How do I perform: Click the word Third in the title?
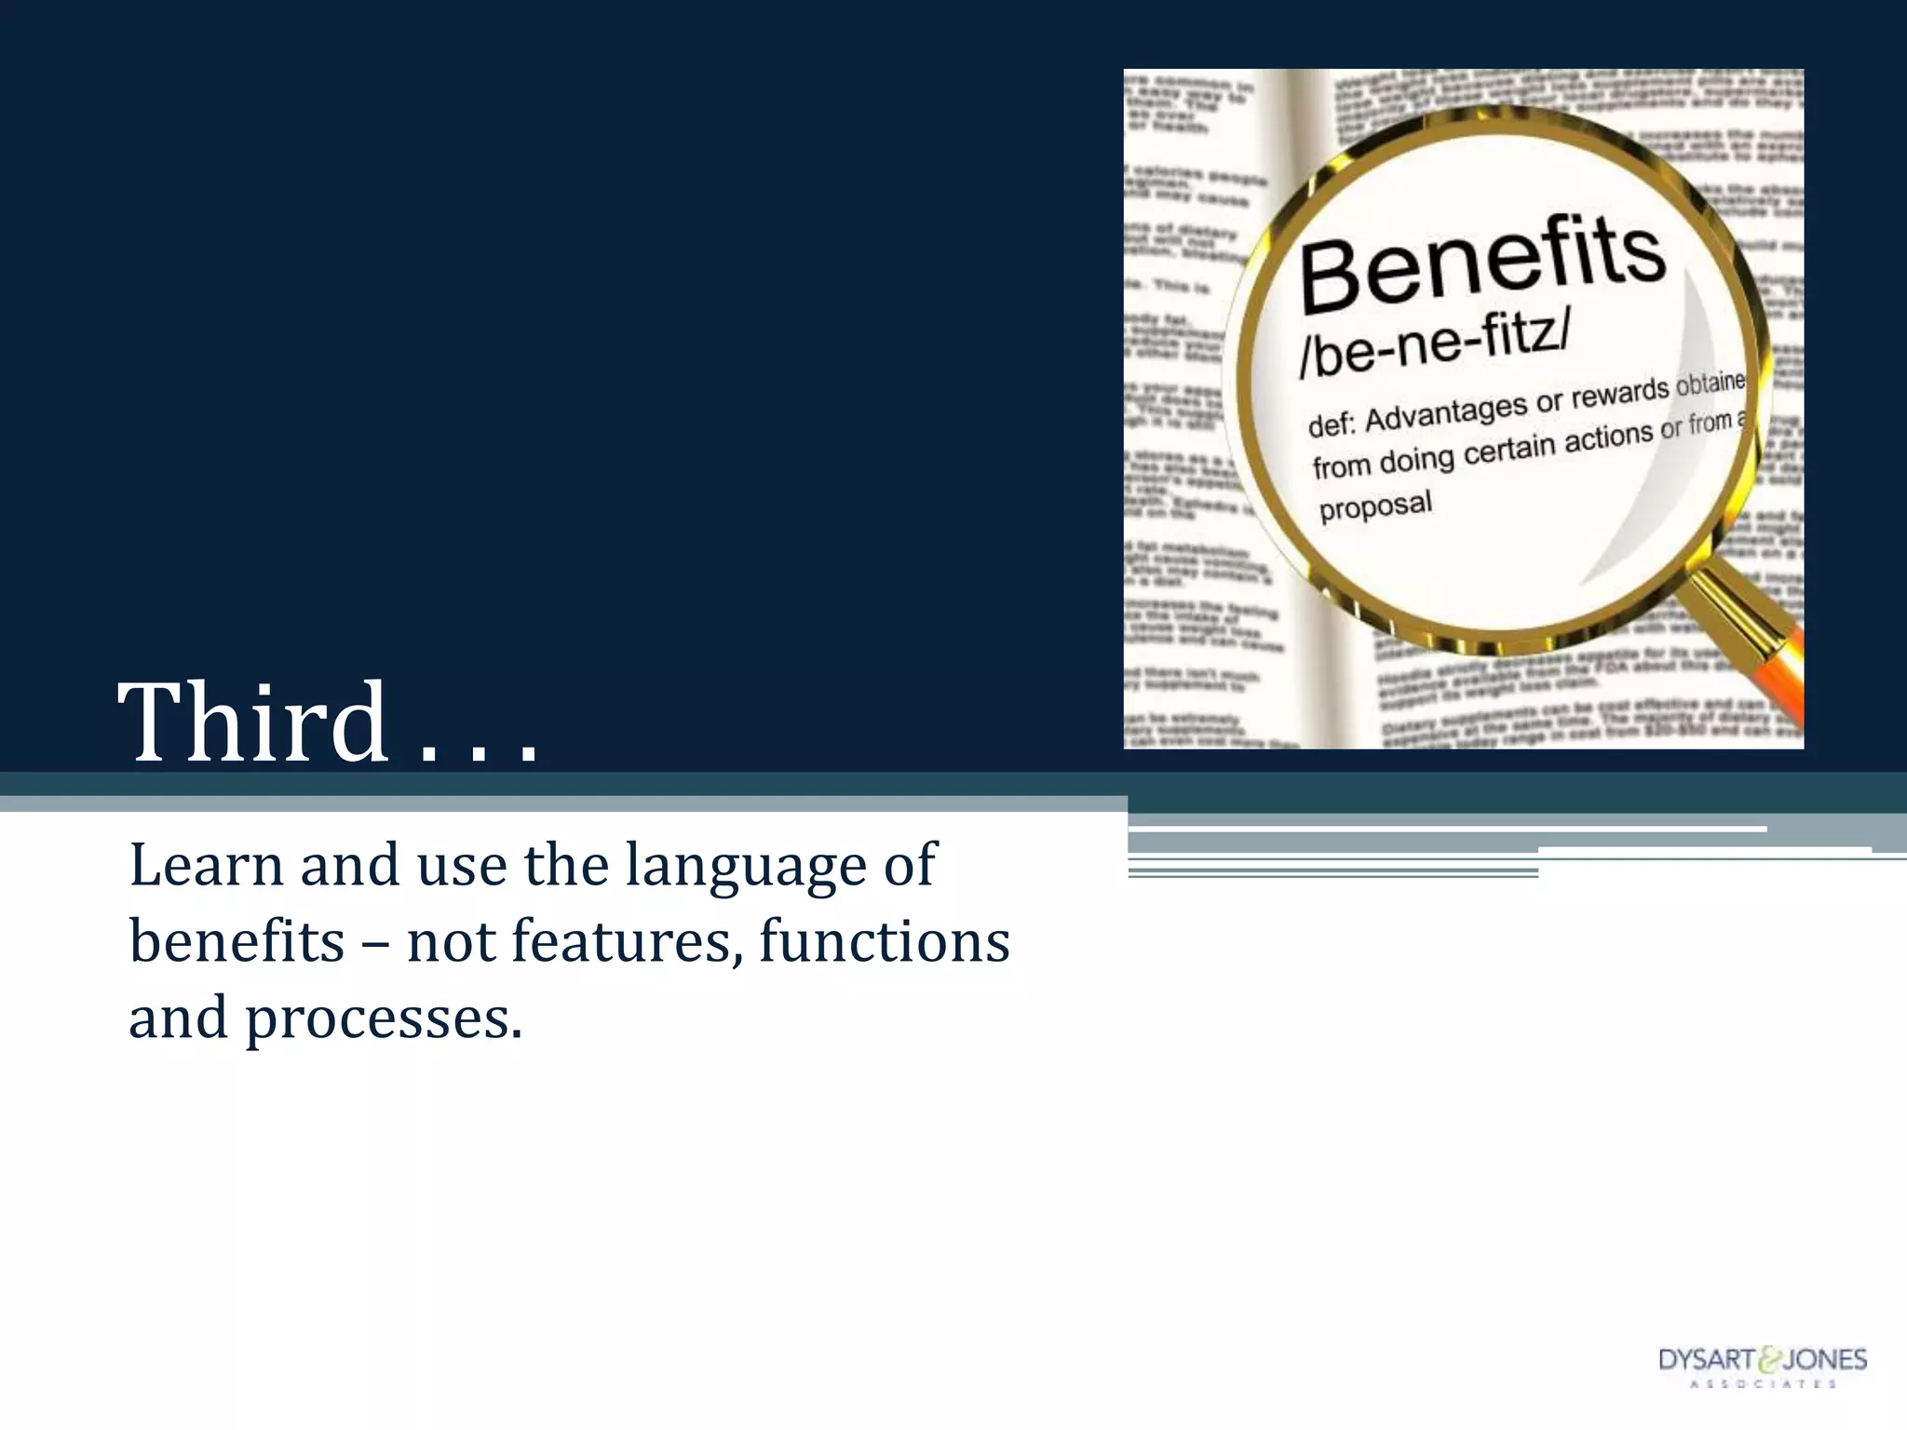[252, 722]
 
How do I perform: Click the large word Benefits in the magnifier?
[1482, 263]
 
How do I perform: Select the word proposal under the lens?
[1375, 506]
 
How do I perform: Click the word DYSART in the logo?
[1706, 1360]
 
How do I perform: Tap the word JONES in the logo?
[1824, 1360]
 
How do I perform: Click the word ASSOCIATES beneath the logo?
[1763, 1384]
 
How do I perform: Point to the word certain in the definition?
[1509, 450]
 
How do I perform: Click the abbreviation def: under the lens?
[1330, 425]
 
